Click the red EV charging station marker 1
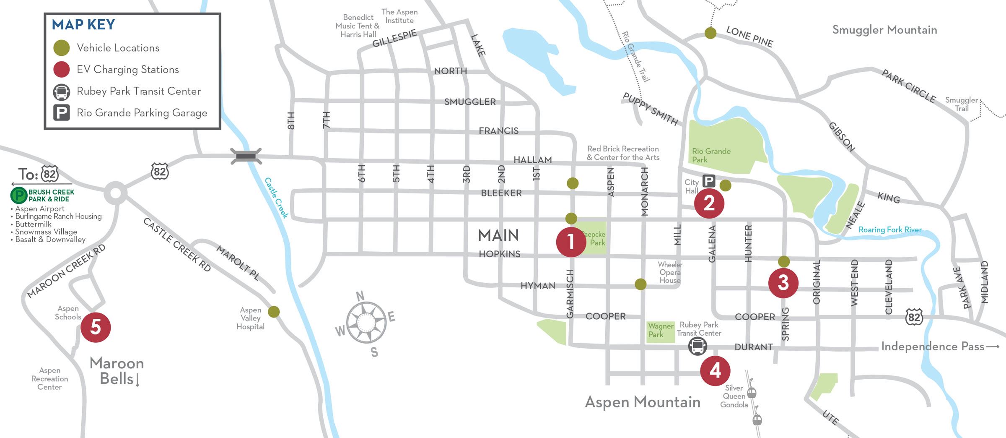pos(571,242)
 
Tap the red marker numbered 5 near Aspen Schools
pos(96,327)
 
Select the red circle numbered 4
pos(715,371)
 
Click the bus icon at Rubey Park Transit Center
pos(697,347)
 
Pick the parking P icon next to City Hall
pos(708,181)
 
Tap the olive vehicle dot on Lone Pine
pos(710,33)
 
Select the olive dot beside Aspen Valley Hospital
pos(274,312)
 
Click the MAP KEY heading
pos(83,25)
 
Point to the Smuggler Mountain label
pos(884,30)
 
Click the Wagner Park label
pos(660,330)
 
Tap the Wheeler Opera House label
pos(669,272)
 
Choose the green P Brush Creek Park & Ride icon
pos(18,196)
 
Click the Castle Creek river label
pos(276,198)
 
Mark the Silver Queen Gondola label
pos(734,396)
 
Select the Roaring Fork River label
pos(890,229)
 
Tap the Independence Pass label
pos(933,347)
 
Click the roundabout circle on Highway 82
pos(116,193)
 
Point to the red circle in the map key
pos(62,70)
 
